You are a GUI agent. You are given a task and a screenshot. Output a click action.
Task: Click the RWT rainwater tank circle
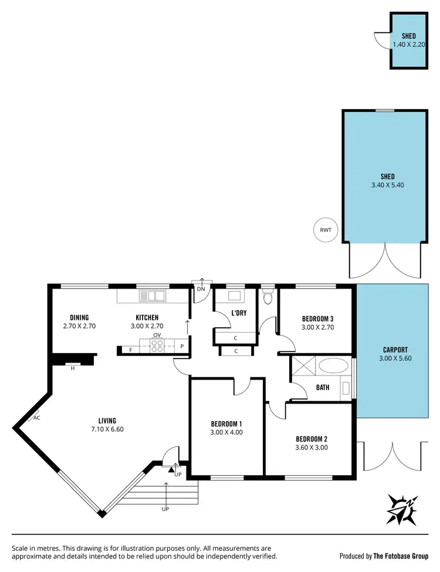(326, 229)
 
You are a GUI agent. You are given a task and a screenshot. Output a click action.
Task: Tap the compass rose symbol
(402, 508)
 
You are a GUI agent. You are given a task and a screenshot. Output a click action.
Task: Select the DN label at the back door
(201, 289)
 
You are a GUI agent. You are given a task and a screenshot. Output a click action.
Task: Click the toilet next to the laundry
(268, 297)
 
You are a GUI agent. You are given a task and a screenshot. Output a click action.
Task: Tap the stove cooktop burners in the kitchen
(157, 347)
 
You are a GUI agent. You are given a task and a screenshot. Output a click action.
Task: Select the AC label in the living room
(36, 418)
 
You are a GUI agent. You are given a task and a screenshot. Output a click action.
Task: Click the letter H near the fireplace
(73, 368)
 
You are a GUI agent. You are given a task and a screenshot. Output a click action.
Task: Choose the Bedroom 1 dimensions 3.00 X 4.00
(226, 432)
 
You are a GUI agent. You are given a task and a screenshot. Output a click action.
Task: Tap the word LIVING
(107, 420)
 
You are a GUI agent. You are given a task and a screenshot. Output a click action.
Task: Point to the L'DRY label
(239, 313)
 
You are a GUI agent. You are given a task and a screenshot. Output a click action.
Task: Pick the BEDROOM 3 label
(317, 319)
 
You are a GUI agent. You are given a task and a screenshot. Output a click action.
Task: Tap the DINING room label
(79, 317)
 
